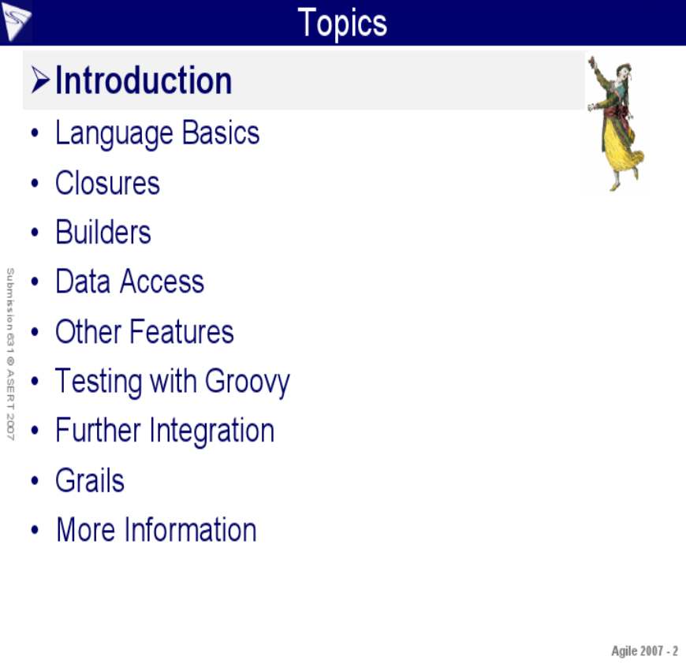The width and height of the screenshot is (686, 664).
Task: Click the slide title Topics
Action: pyautogui.click(x=342, y=23)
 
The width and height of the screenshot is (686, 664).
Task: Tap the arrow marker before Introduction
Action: pyautogui.click(x=40, y=80)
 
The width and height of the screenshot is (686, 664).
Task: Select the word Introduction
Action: pyautogui.click(x=144, y=80)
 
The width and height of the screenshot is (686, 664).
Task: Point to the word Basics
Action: pyautogui.click(x=221, y=132)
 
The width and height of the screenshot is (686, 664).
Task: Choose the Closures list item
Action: pyautogui.click(x=107, y=183)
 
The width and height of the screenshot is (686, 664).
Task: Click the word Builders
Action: pyautogui.click(x=103, y=232)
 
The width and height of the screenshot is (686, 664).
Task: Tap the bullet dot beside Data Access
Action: pyautogui.click(x=35, y=282)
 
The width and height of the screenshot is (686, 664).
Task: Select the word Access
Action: pyautogui.click(x=162, y=282)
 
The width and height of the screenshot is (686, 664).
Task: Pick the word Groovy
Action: pyautogui.click(x=247, y=382)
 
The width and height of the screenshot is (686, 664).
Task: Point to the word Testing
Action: pyautogui.click(x=99, y=382)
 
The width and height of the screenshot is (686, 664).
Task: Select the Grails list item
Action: pyautogui.click(x=90, y=479)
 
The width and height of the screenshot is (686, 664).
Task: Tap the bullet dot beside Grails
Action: pyautogui.click(x=35, y=480)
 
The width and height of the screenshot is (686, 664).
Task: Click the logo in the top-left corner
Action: pyautogui.click(x=17, y=22)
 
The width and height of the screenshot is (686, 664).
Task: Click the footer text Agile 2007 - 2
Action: pyautogui.click(x=644, y=651)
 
